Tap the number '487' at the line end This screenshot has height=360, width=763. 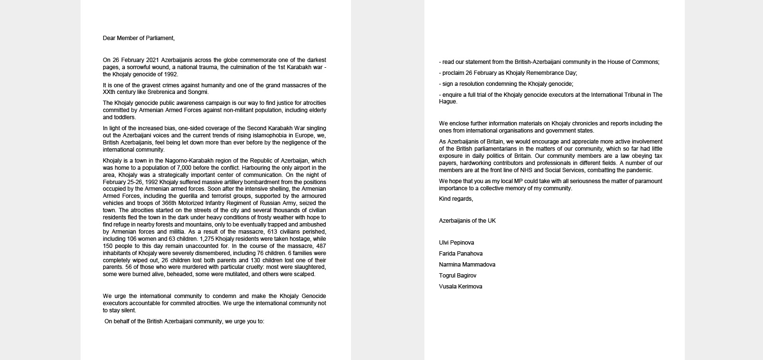pos(321,246)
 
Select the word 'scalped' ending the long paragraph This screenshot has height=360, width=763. pos(305,274)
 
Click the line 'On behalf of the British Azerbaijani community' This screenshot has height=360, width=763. pos(184,321)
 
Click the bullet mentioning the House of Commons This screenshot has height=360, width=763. pos(549,62)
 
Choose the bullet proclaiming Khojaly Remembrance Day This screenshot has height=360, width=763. pos(508,73)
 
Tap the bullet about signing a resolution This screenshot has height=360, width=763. pos(506,84)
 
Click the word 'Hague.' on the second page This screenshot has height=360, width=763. pos(449,102)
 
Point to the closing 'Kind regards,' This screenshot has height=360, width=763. pos(456,199)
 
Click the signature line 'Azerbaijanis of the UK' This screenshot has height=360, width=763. pos(467,221)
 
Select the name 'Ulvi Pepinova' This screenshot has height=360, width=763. pos(456,243)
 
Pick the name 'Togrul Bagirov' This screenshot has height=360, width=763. pos(457,276)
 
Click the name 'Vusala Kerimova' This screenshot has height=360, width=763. pos(461,287)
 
